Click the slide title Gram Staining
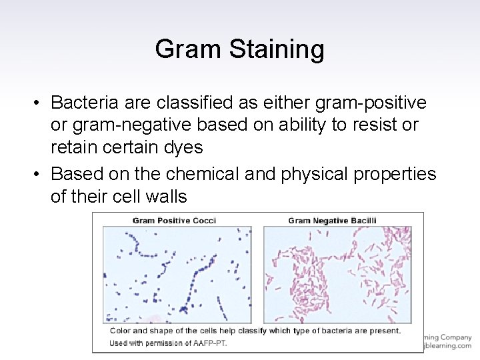[x=239, y=49]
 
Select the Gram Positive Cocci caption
[x=174, y=220]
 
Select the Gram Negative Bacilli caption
[x=332, y=220]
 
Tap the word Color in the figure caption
[x=120, y=331]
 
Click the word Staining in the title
[x=279, y=49]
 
